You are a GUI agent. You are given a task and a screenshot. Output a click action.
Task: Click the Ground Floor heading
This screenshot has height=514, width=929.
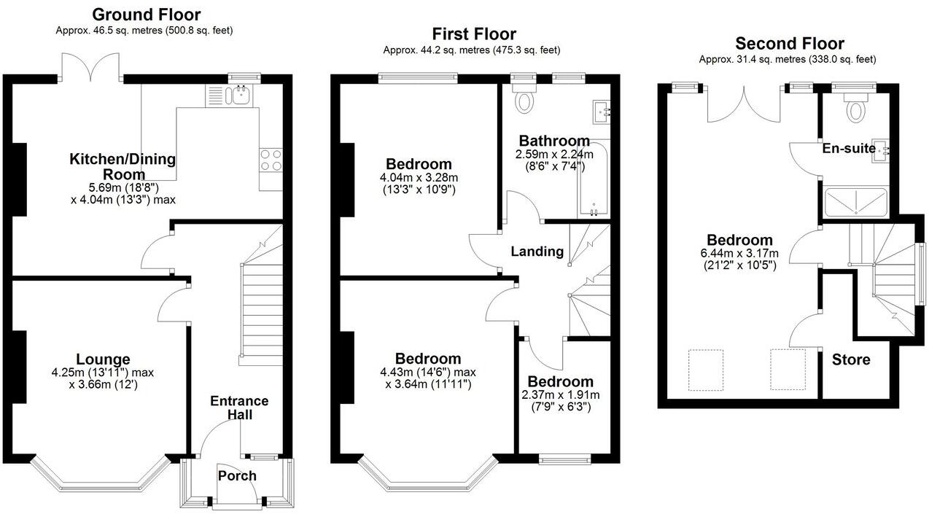coord(147,15)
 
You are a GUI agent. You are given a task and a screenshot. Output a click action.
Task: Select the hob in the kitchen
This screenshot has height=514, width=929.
coord(271,160)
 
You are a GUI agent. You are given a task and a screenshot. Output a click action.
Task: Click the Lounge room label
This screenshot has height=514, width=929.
coord(103,359)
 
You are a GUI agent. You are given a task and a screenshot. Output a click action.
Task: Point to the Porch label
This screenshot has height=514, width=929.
coord(237,475)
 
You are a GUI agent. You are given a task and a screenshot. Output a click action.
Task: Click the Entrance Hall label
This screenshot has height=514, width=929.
coord(239,408)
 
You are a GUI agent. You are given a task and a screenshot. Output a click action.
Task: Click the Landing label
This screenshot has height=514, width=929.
coord(537,252)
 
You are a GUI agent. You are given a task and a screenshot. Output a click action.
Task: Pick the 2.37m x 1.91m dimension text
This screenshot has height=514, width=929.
coord(560,395)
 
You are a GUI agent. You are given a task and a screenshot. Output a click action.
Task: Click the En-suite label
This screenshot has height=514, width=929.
coord(848,148)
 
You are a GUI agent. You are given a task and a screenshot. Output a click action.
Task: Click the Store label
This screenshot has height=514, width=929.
coord(851,359)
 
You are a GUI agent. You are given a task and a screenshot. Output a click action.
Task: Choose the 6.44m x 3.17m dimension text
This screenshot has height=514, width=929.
coord(739,254)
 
